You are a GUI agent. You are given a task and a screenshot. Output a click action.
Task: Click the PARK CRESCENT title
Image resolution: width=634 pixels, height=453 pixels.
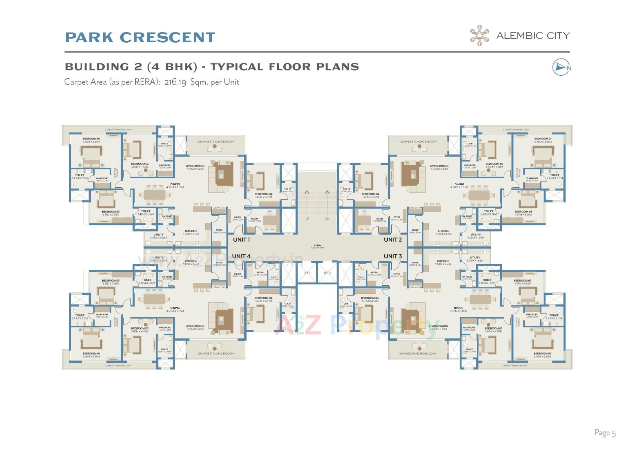(x=140, y=37)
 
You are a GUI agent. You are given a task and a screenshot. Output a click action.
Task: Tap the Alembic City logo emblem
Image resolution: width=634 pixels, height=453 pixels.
(x=479, y=35)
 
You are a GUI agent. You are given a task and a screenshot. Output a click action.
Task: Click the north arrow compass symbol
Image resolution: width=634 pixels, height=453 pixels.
(x=561, y=67)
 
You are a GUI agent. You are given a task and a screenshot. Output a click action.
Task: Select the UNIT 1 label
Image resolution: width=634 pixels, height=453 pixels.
(x=241, y=240)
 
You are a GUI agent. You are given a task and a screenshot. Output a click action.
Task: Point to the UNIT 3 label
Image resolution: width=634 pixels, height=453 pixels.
(x=393, y=256)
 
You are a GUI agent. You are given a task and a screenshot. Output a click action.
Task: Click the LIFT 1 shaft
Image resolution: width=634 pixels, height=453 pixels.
(x=307, y=273)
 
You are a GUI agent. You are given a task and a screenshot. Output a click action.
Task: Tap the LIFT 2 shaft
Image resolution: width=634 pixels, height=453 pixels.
(x=327, y=273)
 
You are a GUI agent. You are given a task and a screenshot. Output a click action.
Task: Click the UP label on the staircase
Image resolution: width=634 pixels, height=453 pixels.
(x=307, y=219)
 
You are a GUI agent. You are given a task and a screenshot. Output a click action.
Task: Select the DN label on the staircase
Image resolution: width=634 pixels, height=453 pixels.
(x=327, y=219)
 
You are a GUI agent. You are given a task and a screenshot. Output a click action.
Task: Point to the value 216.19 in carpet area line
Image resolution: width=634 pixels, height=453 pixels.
(x=175, y=82)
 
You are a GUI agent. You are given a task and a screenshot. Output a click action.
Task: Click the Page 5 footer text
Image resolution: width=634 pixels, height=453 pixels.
(x=605, y=433)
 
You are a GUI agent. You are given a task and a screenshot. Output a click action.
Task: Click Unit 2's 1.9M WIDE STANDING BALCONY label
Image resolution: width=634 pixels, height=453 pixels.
(x=418, y=142)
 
